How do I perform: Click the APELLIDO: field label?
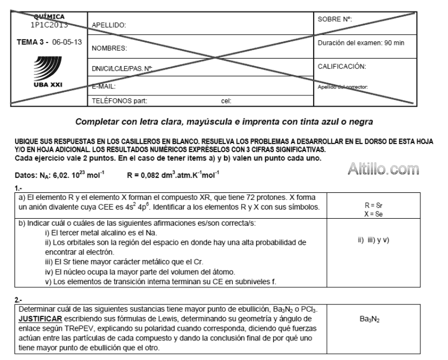point(109,25)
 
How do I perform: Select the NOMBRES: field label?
point(108,49)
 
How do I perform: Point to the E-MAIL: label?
point(104,86)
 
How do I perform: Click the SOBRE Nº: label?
point(335,20)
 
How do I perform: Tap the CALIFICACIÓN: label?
point(342,66)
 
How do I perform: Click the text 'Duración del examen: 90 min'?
point(361,43)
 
